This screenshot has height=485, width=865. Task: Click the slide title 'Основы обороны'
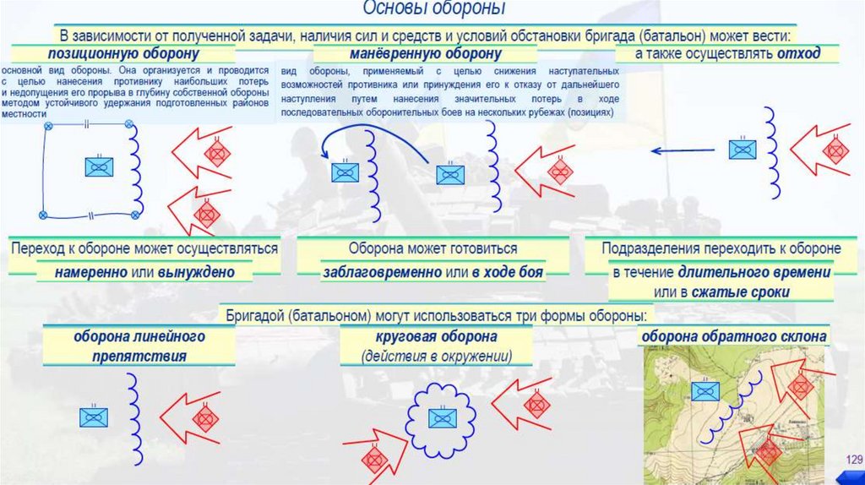[434, 9]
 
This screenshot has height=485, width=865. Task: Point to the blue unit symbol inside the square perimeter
[99, 166]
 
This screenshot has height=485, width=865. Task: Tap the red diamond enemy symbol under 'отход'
[835, 150]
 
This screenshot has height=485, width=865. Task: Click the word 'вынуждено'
[201, 273]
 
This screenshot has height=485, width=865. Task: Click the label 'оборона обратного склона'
[733, 336]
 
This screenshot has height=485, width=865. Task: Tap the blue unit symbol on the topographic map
[705, 390]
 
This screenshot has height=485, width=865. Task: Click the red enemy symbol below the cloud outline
[374, 459]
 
